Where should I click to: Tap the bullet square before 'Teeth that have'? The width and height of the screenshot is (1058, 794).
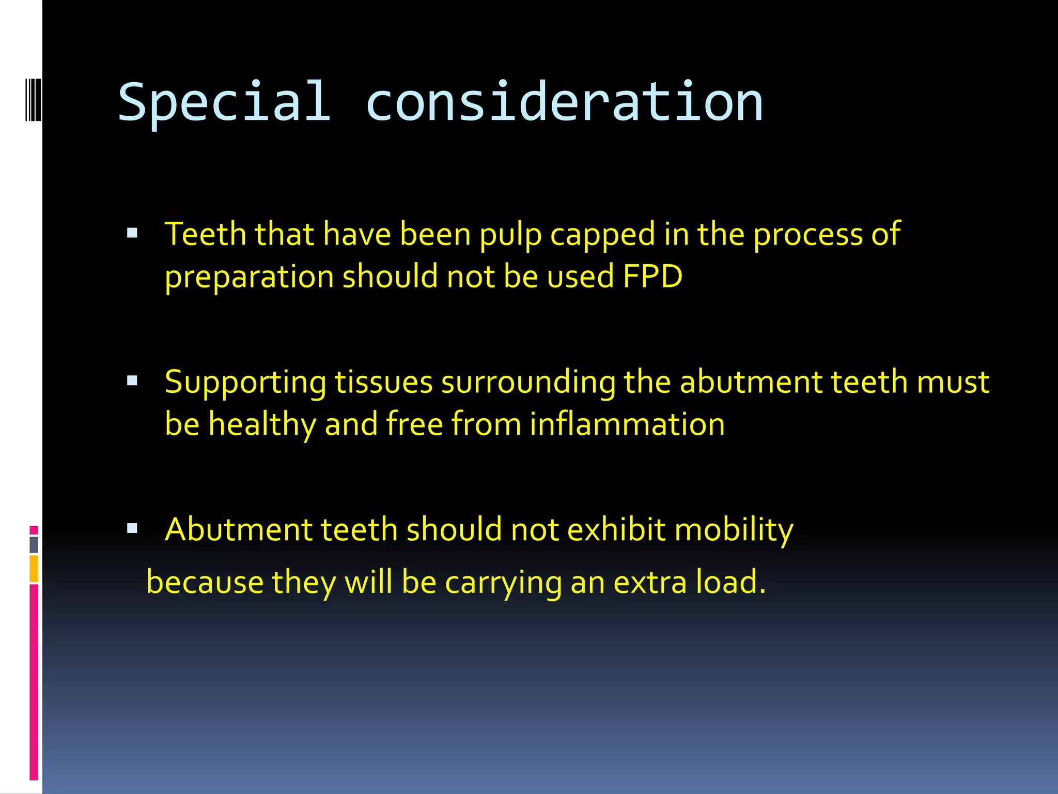tap(132, 233)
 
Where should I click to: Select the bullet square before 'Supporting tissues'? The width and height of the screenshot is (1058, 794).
tap(132, 381)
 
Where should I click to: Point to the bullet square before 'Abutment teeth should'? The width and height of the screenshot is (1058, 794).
tap(132, 528)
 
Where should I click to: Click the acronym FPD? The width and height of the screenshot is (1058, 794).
tap(652, 276)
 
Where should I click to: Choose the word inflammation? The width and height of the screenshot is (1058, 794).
tap(627, 424)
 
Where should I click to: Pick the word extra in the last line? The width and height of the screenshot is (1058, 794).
tap(650, 582)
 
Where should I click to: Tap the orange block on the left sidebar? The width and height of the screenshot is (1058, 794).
tap(34, 569)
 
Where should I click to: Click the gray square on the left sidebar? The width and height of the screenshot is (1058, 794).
tap(34, 545)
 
